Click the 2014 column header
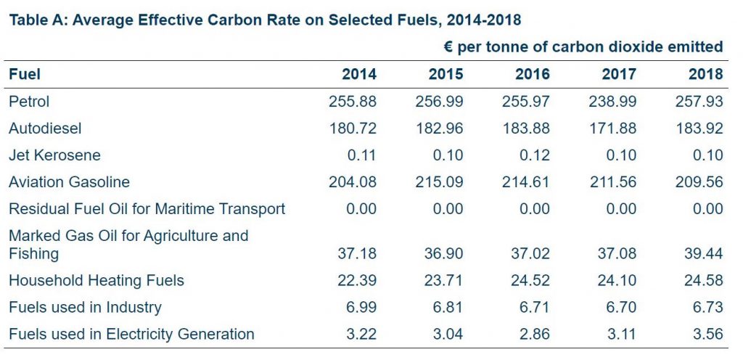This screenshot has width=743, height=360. click(359, 74)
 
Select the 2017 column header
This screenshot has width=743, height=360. click(619, 74)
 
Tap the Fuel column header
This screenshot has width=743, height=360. click(24, 74)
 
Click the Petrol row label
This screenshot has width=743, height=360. click(29, 102)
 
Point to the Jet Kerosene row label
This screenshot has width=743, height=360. click(54, 155)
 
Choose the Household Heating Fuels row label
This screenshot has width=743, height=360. click(97, 281)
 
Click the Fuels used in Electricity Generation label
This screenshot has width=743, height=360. click(131, 335)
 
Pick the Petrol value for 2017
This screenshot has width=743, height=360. click(612, 102)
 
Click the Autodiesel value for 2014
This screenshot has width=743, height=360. click(353, 128)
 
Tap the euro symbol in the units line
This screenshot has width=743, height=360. click(448, 47)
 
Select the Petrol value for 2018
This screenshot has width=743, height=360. click(699, 102)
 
